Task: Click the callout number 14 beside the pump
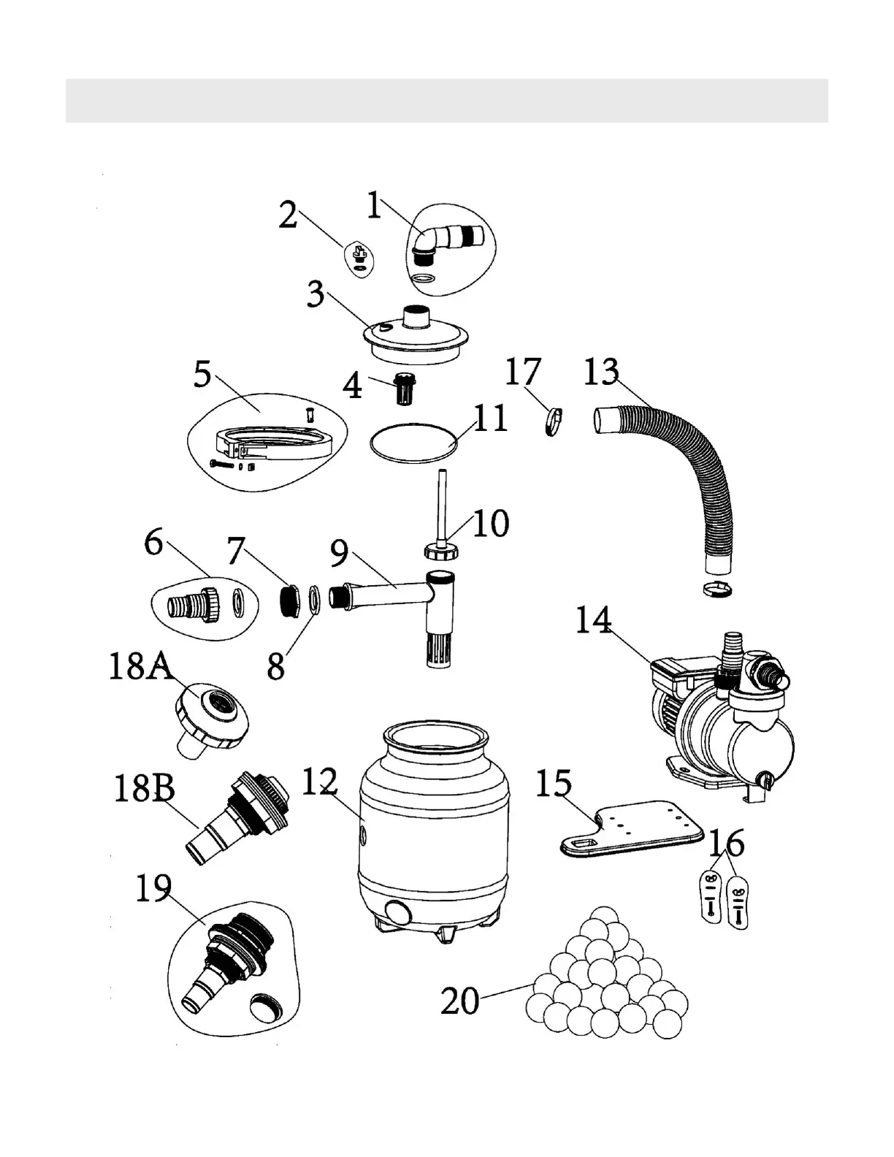pyautogui.click(x=593, y=622)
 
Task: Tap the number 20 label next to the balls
pyautogui.click(x=459, y=1001)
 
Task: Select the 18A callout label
pyautogui.click(x=140, y=667)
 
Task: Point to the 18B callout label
pyautogui.click(x=144, y=789)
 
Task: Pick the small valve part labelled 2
pyautogui.click(x=358, y=256)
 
